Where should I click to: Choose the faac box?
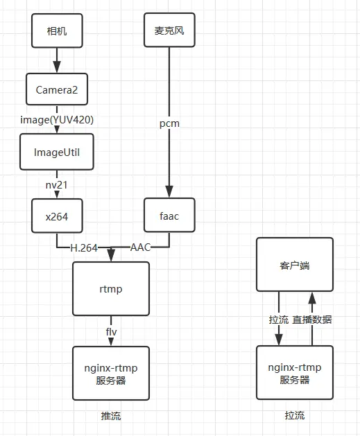point(169,216)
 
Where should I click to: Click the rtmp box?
point(111,289)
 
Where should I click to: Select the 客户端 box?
point(295,264)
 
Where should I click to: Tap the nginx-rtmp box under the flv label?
point(111,373)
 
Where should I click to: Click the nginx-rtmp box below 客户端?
point(295,373)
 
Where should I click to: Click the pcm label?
point(169,123)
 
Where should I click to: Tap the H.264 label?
point(84,247)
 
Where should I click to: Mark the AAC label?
point(142,247)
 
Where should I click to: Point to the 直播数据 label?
point(312,320)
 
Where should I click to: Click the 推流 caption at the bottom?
point(111,416)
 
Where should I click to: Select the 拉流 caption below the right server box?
point(295,416)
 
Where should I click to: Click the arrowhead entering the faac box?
point(169,193)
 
